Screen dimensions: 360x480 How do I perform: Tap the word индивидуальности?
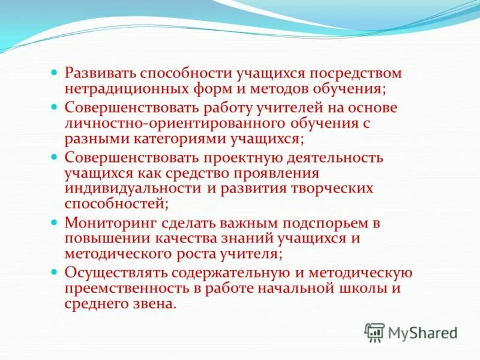[x=133, y=188]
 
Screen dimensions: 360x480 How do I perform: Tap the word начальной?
[x=299, y=288]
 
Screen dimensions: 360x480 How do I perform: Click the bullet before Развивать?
[x=53, y=73]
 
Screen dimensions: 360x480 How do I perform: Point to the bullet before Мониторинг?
[x=53, y=222]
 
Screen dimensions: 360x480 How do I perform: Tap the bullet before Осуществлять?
[x=53, y=272]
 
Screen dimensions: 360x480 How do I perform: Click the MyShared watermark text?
[x=423, y=332]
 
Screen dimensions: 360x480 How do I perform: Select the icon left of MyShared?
[x=374, y=332]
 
